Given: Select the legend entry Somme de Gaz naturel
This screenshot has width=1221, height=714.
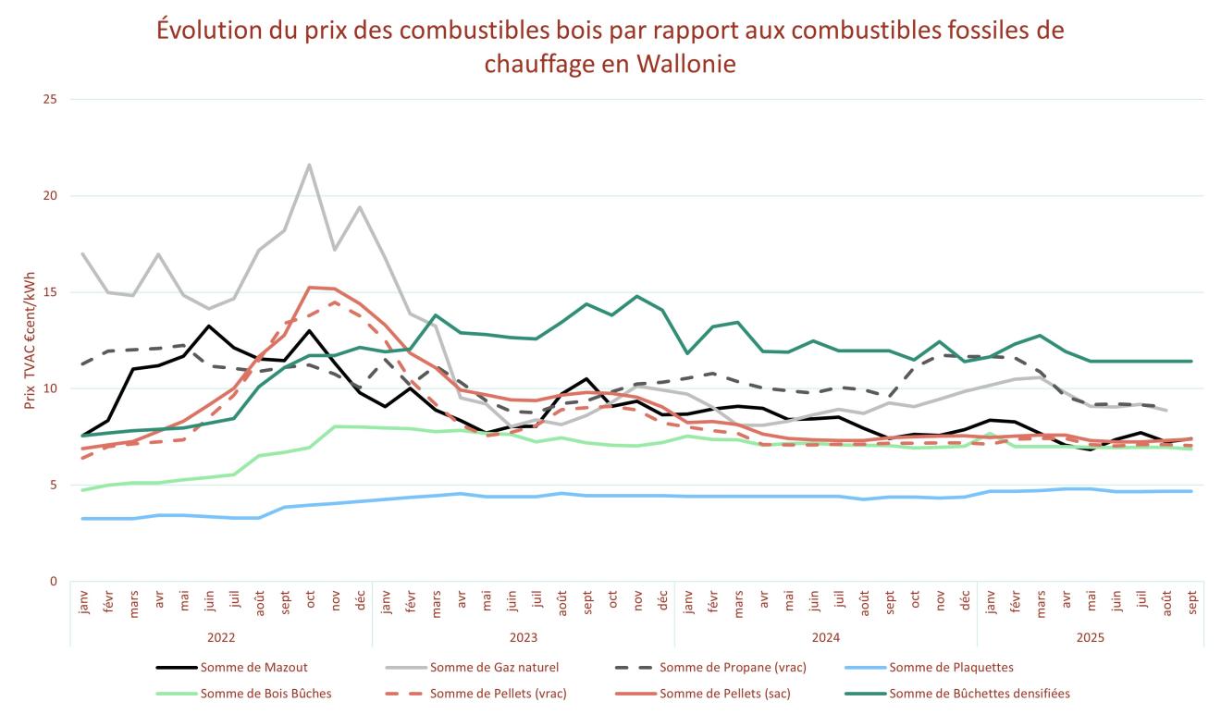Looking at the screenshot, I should coord(494,667).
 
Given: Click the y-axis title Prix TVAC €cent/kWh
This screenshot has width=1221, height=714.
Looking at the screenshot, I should coord(31,340).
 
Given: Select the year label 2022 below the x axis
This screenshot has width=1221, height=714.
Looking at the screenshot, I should coord(221,637).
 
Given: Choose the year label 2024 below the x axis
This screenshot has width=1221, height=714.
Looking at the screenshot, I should coord(826,637).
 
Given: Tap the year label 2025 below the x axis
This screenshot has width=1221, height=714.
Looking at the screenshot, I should coord(1091,637).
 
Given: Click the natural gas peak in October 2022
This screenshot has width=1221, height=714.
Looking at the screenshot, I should coord(309,165).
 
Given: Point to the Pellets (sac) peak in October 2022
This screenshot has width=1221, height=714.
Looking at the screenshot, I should coord(309,288).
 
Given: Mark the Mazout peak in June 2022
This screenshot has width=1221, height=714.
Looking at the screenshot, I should coord(209,326).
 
